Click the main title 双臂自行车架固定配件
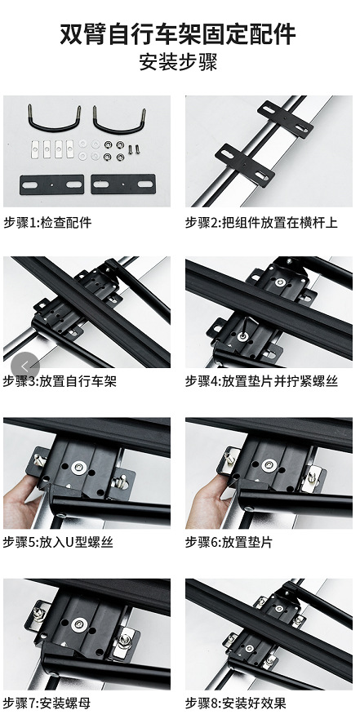point(178,34)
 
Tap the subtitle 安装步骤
point(179,62)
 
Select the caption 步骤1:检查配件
point(48,222)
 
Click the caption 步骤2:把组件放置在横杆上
point(261,222)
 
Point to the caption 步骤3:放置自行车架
point(60,381)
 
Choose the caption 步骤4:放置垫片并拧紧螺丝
point(261,381)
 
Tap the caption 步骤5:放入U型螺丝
point(58,542)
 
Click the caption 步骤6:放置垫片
point(229,542)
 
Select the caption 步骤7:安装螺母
point(47,703)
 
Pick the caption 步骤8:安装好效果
point(235,703)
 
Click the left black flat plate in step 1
point(51,184)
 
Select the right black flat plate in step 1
point(123,184)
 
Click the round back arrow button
point(25,366)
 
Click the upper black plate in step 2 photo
point(285,119)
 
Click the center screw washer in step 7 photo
point(79,624)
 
